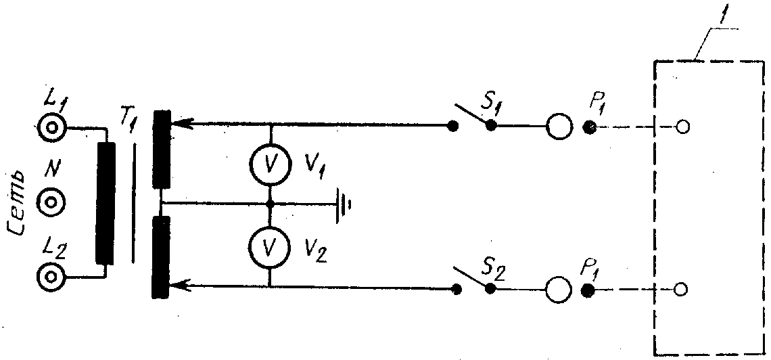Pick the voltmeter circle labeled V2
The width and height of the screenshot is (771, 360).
coord(269,247)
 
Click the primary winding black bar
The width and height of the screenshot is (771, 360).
coord(106,202)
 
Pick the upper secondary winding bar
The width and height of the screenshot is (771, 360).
coord(161,149)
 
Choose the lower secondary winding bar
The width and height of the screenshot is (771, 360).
coord(161,257)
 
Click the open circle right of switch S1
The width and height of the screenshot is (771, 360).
coord(559,127)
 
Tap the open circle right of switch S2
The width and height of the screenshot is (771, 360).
coord(559,290)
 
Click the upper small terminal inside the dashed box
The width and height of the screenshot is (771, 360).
coord(683,127)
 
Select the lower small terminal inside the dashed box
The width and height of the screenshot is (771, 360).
coord(683,290)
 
